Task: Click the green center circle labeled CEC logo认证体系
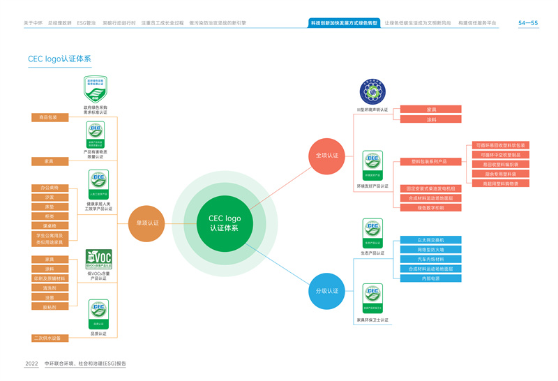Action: coord(225,223)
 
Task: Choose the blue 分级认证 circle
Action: coord(327,290)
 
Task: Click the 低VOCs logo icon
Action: coord(98,260)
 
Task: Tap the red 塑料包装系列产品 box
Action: coord(430,162)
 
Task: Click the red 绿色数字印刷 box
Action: coord(430,207)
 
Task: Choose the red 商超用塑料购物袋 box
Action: coord(500,184)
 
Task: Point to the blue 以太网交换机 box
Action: coord(430,240)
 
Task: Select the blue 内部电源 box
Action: coord(430,278)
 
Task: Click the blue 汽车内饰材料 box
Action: coord(430,260)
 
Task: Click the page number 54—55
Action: coord(528,23)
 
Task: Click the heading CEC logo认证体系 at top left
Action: coord(59,59)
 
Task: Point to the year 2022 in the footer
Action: coord(31,364)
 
